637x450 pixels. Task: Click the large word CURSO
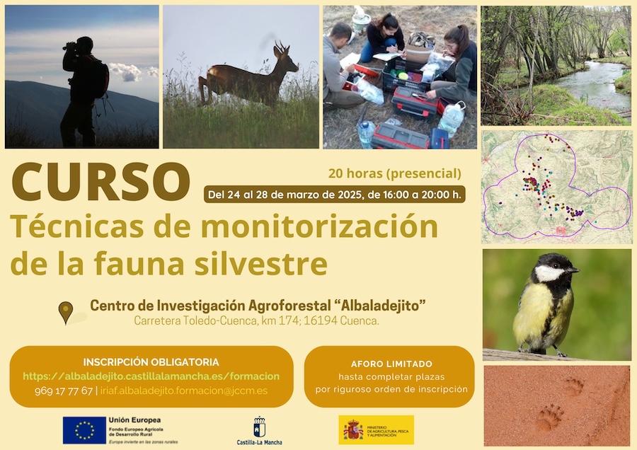click(101, 183)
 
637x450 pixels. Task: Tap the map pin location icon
click(66, 311)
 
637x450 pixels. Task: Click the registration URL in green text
click(151, 376)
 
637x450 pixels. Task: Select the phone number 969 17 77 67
click(63, 391)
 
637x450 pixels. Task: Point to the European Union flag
click(84, 429)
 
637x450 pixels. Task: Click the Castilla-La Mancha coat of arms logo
click(259, 427)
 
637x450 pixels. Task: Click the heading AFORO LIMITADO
click(391, 364)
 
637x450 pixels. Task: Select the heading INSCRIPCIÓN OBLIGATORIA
click(151, 362)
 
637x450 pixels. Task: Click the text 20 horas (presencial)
click(394, 173)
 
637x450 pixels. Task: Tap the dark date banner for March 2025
click(334, 194)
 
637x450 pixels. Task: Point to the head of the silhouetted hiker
click(84, 45)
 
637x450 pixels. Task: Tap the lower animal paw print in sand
click(549, 417)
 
